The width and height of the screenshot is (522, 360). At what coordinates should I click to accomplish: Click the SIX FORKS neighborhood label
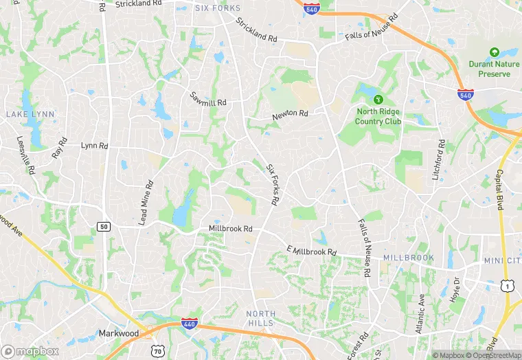point(218,8)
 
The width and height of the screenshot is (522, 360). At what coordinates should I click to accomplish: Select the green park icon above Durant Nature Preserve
point(494,52)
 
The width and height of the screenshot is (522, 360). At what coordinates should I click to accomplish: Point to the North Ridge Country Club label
point(378,116)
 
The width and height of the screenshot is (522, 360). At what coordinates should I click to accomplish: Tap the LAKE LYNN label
point(25,113)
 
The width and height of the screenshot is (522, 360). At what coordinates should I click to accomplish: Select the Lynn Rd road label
point(95,146)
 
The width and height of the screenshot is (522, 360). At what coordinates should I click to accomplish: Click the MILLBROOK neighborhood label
point(409,257)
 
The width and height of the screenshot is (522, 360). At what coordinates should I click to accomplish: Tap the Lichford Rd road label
point(438,159)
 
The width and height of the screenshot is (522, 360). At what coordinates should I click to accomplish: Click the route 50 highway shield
point(104,226)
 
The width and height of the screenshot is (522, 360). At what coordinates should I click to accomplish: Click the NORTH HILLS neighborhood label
point(260,318)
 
